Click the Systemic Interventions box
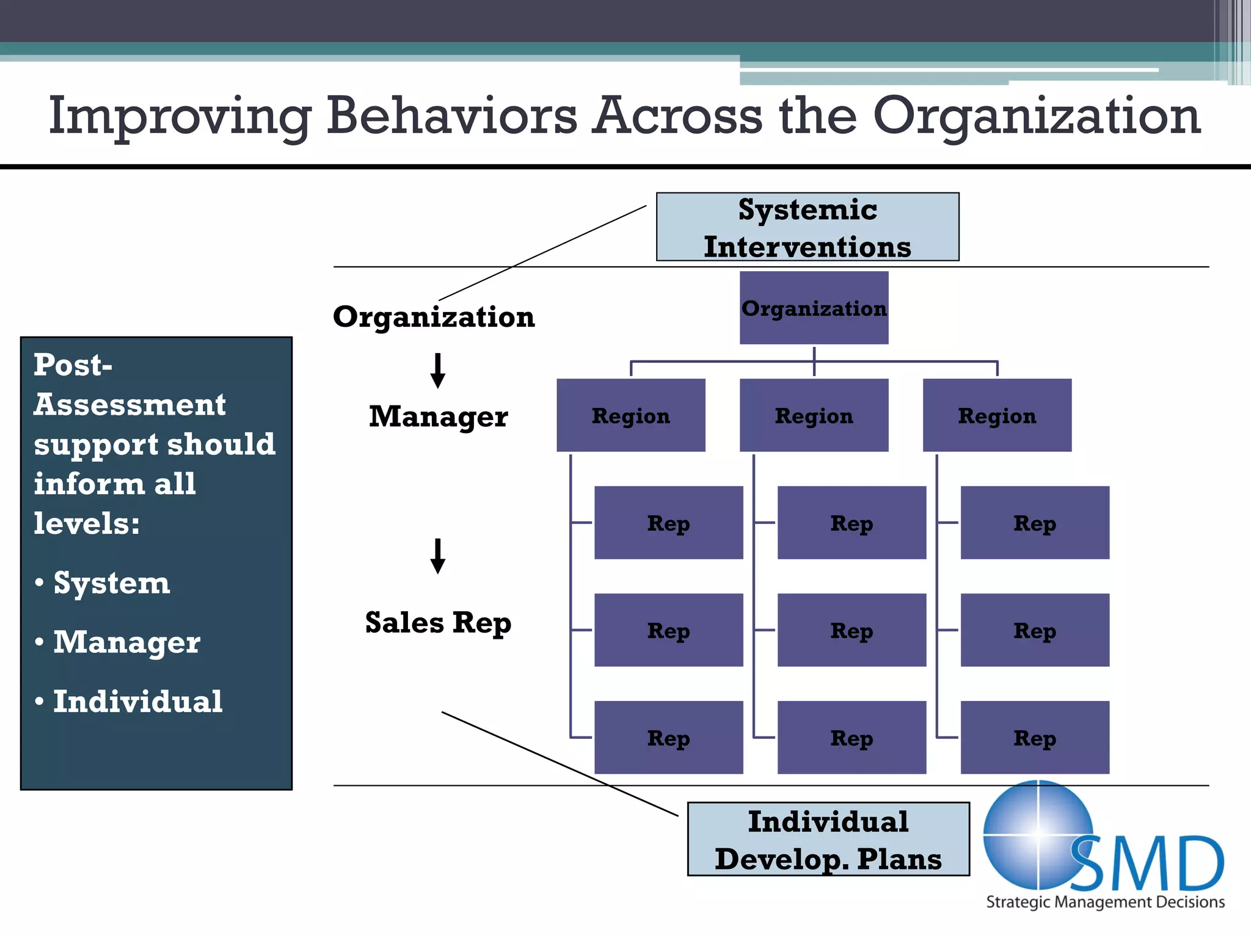click(x=807, y=227)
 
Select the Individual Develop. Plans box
click(x=828, y=839)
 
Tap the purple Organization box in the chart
click(x=814, y=308)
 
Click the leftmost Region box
click(x=630, y=415)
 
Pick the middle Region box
click(x=814, y=415)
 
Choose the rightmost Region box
click(x=996, y=415)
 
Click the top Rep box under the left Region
click(x=668, y=523)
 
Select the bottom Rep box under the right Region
click(x=1034, y=737)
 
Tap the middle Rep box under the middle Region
click(x=852, y=630)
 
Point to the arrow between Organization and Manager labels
click(x=437, y=371)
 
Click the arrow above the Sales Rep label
click(x=437, y=556)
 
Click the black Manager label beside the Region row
click(x=438, y=416)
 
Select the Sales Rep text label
click(x=438, y=623)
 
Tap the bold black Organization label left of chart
click(x=434, y=317)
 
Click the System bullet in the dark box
click(x=111, y=583)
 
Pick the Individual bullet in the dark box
click(x=137, y=701)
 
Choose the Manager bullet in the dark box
click(x=126, y=642)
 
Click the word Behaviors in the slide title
click(x=451, y=115)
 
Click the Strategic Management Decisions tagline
click(x=1105, y=902)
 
